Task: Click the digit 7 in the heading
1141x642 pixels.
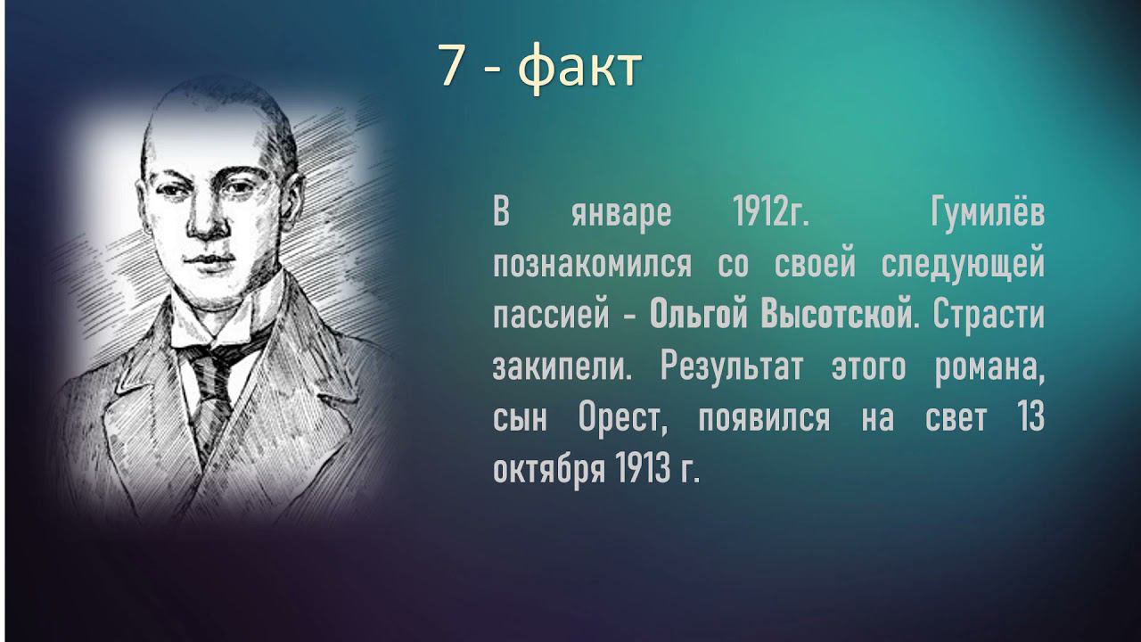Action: coord(455,68)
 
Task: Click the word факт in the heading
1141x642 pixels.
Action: coord(579,68)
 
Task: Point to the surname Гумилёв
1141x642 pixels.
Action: coord(986,215)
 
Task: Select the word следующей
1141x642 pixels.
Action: coord(962,266)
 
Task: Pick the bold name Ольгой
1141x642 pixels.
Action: coord(697,317)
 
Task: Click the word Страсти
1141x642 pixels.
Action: coord(988,317)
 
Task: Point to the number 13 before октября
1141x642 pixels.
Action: coord(1031,418)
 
